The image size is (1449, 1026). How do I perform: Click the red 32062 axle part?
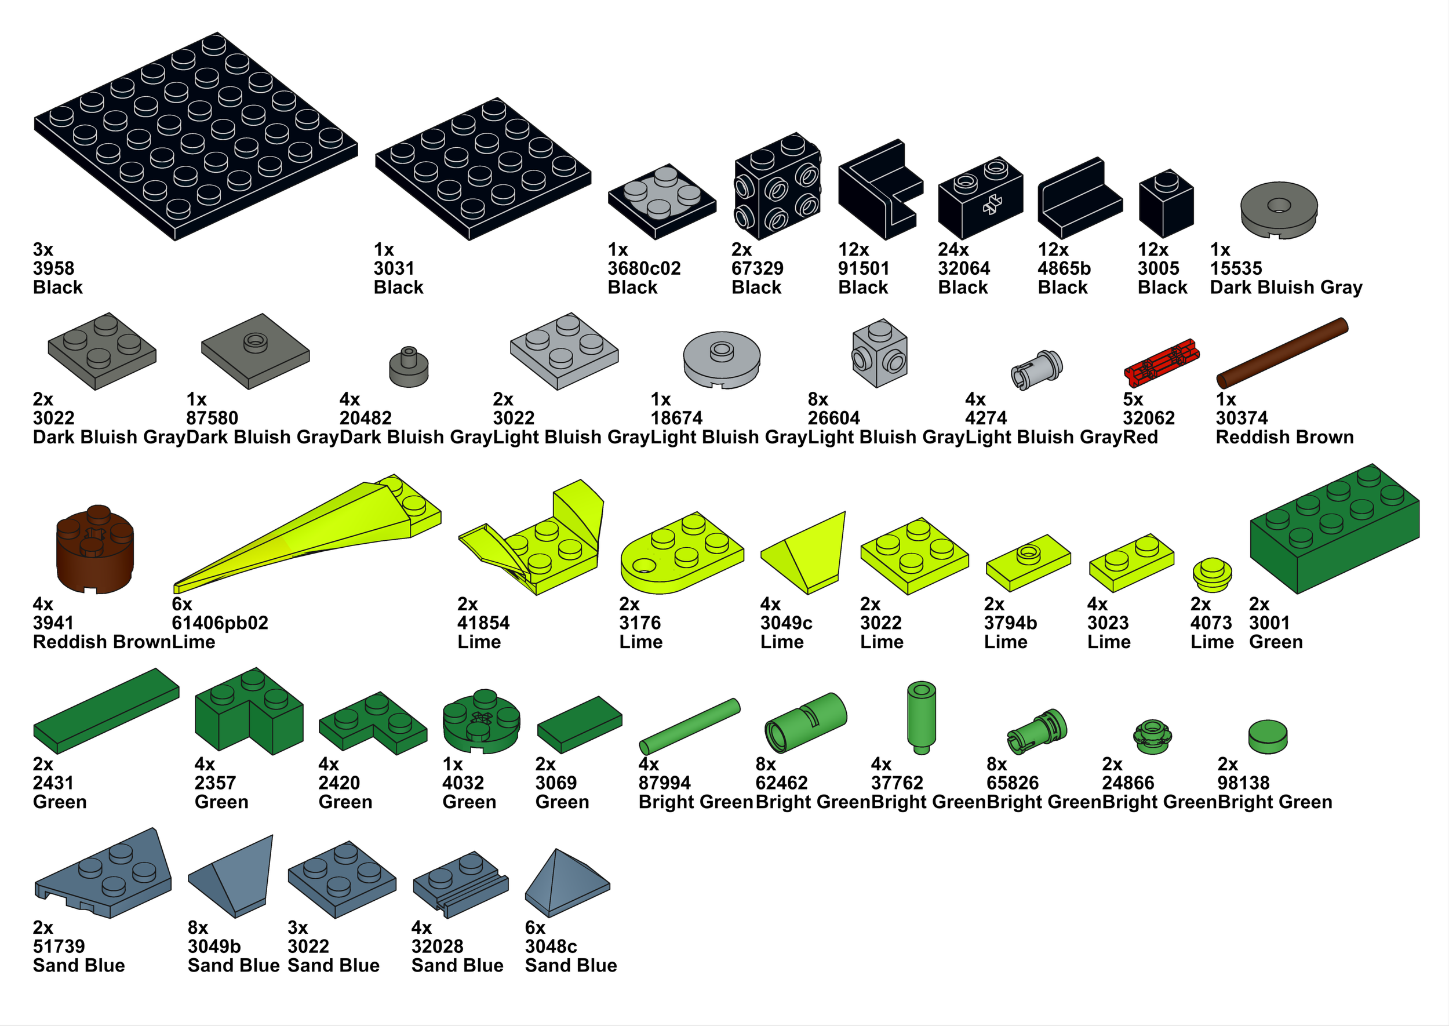point(1161,363)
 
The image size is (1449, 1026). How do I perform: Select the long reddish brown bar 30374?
point(1281,353)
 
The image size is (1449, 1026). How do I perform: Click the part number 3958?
point(54,268)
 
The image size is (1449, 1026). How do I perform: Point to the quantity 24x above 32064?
point(953,250)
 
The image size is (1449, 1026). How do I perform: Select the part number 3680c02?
point(645,268)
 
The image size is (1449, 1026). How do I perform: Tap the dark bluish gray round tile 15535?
point(1279,210)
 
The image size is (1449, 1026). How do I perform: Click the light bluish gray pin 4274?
point(1036,369)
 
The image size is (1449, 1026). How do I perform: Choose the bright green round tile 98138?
point(1267,737)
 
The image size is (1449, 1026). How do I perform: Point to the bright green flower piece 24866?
point(1153,736)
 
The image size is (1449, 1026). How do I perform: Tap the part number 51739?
point(59,947)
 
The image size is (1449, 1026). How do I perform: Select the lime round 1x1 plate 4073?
point(1211,574)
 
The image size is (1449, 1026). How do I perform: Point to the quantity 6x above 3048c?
point(534,927)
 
